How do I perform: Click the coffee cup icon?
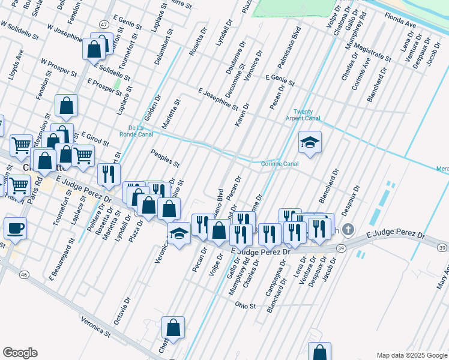pyautogui.click(x=15, y=229)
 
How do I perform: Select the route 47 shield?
pyautogui.click(x=104, y=25)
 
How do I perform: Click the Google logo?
pyautogui.click(x=20, y=353)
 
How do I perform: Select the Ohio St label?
pyautogui.click(x=246, y=305)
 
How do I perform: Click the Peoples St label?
pyautogui.click(x=165, y=158)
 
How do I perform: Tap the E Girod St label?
pyautogui.click(x=94, y=139)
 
